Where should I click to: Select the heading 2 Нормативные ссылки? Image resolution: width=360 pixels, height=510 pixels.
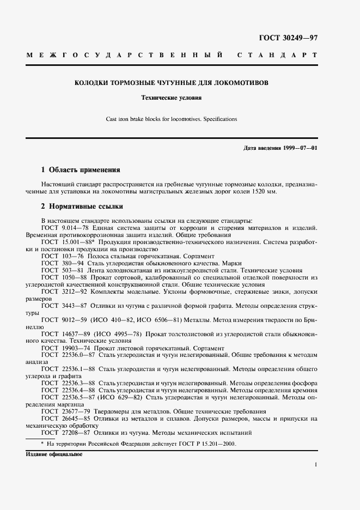[82, 207]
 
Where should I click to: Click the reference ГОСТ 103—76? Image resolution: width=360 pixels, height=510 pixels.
[59, 255]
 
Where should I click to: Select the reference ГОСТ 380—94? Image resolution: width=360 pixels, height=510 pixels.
[59, 262]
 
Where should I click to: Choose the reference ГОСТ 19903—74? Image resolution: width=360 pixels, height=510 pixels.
[63, 348]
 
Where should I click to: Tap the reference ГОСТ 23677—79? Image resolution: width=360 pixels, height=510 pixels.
[63, 411]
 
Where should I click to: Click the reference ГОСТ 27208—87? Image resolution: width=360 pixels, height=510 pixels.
[63, 433]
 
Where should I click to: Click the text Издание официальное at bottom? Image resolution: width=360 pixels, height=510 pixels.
[53, 454]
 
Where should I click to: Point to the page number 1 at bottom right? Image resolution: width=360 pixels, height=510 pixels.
[316, 464]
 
